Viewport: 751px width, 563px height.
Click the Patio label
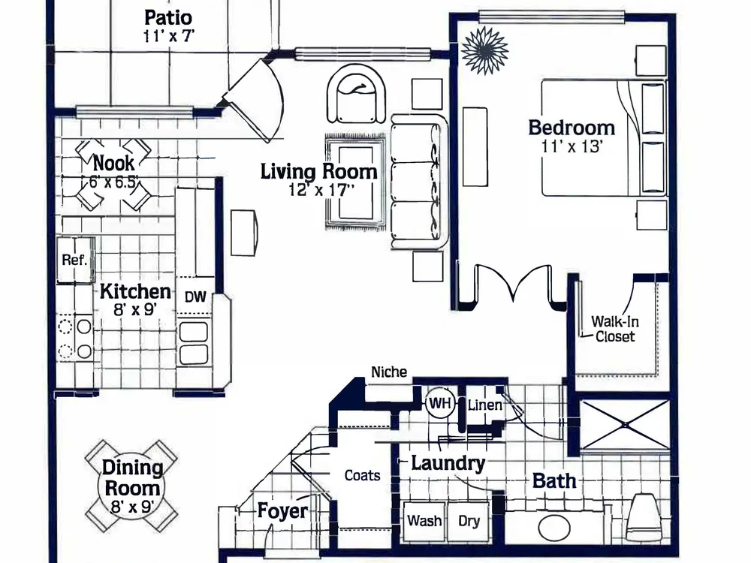pos(168,18)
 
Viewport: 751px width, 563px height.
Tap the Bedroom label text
pos(572,128)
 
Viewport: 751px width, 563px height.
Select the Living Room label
pos(318,171)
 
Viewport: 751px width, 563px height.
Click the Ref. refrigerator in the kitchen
pos(75,260)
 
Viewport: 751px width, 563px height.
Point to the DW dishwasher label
pos(195,297)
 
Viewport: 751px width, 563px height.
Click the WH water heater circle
pos(440,403)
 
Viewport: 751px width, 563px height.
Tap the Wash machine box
pos(425,521)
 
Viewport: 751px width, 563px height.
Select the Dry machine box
pos(469,521)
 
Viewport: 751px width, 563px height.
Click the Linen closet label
pos(484,405)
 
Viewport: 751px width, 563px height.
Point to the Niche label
pos(389,372)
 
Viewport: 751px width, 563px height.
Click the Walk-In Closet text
pos(615,329)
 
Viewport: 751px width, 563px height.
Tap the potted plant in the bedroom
pos(484,50)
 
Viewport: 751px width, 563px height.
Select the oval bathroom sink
pos(554,528)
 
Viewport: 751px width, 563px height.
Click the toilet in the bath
pos(644,518)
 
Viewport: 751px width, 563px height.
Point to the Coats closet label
pos(362,475)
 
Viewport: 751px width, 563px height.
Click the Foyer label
pos(282,510)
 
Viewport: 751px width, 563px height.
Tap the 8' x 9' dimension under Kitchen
pos(135,310)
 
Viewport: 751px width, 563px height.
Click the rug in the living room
pos(355,182)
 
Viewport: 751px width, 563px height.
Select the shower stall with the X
pos(625,425)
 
